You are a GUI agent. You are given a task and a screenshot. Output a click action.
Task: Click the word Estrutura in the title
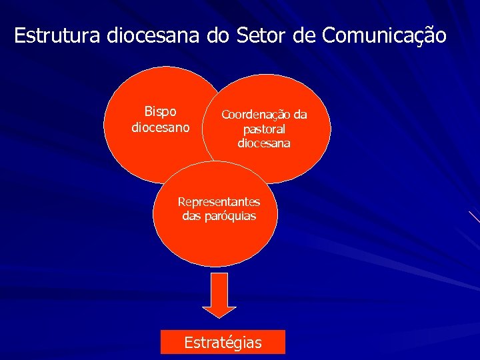(x=57, y=35)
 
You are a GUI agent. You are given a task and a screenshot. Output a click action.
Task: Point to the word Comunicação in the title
(x=384, y=35)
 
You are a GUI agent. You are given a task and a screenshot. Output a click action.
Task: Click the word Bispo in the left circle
(x=161, y=111)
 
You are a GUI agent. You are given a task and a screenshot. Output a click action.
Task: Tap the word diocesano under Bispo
(x=161, y=126)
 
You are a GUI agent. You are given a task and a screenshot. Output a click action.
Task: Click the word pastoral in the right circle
(x=264, y=129)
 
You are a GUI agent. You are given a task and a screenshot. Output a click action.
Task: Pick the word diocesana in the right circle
(x=264, y=143)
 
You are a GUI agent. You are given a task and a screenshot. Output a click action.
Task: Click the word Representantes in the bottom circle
(x=219, y=201)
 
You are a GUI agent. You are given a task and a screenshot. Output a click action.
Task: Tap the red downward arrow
(x=219, y=293)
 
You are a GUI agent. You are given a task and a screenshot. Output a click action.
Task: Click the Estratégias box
(x=223, y=342)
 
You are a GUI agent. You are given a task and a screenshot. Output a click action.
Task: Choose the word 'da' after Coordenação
(x=300, y=115)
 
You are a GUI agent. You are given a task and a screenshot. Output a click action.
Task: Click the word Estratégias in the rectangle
(x=223, y=343)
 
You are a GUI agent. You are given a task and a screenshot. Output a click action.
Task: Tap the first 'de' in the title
(x=303, y=35)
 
